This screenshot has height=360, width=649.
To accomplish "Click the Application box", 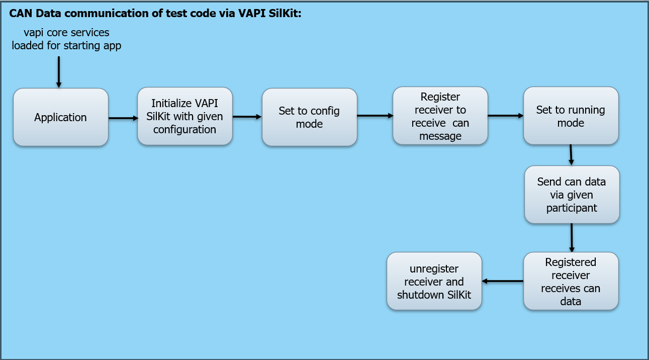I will tap(61, 118).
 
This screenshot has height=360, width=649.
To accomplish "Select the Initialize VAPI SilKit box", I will tap(185, 116).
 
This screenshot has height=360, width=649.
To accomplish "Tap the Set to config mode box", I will tap(309, 117).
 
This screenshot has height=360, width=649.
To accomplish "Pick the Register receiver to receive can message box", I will tap(440, 116).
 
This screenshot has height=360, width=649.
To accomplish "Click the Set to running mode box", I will tap(571, 116).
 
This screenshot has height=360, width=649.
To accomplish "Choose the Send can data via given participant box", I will tap(572, 195).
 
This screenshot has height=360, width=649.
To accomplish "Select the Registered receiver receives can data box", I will tap(571, 281).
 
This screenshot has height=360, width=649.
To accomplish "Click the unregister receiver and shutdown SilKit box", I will tap(434, 281).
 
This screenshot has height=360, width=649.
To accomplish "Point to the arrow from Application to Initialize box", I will tap(123, 118).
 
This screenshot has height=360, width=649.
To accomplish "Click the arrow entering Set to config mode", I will tap(247, 117).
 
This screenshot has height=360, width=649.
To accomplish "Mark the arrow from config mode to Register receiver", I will tap(375, 116).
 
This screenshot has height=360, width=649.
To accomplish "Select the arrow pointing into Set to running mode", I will tap(505, 116).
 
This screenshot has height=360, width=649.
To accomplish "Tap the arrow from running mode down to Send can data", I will tap(571, 155).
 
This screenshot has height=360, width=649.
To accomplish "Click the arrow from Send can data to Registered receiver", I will tap(572, 238).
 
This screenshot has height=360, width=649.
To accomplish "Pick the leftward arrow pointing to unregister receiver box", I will tap(502, 281).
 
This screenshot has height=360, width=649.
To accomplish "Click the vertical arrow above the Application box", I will tap(59, 72).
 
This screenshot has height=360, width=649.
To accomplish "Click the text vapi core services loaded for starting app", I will tap(66, 39).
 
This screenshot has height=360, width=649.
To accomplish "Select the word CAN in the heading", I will tap(19, 14).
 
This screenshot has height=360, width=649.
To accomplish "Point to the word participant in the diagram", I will tap(572, 208).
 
